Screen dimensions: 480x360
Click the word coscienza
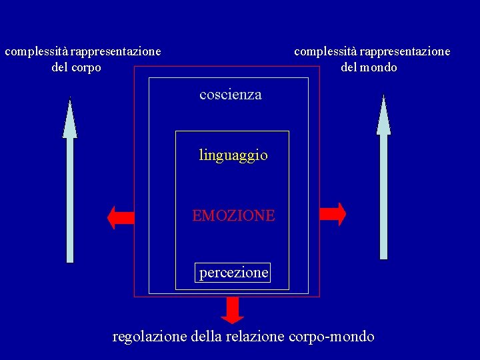tap(231, 95)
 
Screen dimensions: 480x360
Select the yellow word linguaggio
tap(233, 155)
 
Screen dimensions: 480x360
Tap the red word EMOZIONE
tap(233, 215)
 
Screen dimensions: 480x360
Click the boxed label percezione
tap(233, 273)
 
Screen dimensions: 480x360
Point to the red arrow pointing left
tap(121, 217)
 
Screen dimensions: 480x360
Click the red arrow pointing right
tap(333, 214)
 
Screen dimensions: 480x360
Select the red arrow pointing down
tap(232, 309)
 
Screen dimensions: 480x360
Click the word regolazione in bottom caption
tap(150, 337)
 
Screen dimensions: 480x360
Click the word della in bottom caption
tap(208, 337)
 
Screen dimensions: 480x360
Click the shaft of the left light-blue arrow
tap(70, 200)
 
